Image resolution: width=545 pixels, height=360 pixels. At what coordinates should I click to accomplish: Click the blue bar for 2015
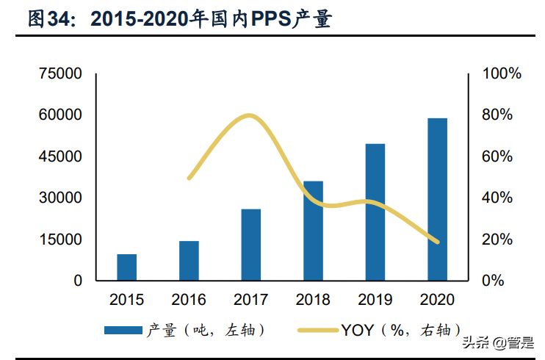[126, 267]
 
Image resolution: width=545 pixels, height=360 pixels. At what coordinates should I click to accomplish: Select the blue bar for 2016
[189, 261]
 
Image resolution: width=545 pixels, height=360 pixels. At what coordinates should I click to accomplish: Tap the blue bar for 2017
[251, 245]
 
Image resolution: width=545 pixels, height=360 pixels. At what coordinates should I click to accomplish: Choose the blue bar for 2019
[375, 212]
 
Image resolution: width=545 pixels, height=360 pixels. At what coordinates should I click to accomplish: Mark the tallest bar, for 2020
[438, 199]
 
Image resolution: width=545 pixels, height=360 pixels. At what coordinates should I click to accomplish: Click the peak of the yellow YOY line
[249, 115]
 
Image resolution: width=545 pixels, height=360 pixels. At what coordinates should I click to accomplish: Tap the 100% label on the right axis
[501, 74]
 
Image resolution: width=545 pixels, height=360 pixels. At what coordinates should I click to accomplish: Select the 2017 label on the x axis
[251, 300]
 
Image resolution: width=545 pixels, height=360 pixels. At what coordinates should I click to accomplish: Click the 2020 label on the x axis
[438, 300]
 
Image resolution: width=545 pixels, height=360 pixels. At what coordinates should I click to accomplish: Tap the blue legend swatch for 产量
[123, 330]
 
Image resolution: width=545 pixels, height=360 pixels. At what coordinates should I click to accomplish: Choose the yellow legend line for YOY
[317, 330]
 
